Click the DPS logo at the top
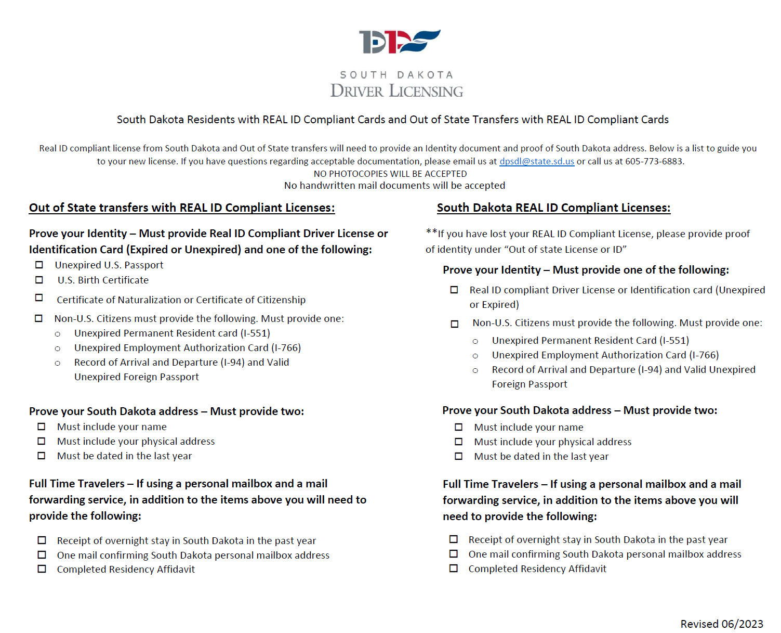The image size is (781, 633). (x=399, y=42)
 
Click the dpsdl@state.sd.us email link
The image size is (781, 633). (x=536, y=161)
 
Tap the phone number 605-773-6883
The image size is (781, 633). (x=654, y=161)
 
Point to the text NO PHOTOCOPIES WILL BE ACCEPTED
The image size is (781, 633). (x=390, y=174)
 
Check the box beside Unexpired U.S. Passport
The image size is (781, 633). (x=39, y=265)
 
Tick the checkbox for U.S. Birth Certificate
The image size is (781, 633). (x=39, y=280)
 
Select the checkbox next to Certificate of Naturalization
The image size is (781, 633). (x=39, y=298)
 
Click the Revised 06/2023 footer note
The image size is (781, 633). (x=721, y=624)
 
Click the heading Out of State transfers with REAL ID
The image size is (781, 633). (x=182, y=208)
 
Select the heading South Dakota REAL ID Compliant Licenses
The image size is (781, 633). (x=553, y=208)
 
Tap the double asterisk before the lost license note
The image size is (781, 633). (x=431, y=232)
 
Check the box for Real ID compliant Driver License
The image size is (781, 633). (x=454, y=290)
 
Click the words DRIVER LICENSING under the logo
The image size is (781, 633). (x=396, y=91)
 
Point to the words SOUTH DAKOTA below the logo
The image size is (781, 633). (x=396, y=75)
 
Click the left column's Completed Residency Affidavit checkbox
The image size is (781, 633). (x=42, y=569)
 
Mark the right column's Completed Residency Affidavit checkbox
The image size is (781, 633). (x=454, y=569)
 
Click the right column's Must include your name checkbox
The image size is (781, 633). (x=458, y=427)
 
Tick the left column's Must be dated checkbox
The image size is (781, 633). (x=42, y=456)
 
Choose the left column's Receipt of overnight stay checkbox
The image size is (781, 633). (x=42, y=540)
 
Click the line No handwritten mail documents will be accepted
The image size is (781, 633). (x=394, y=186)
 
